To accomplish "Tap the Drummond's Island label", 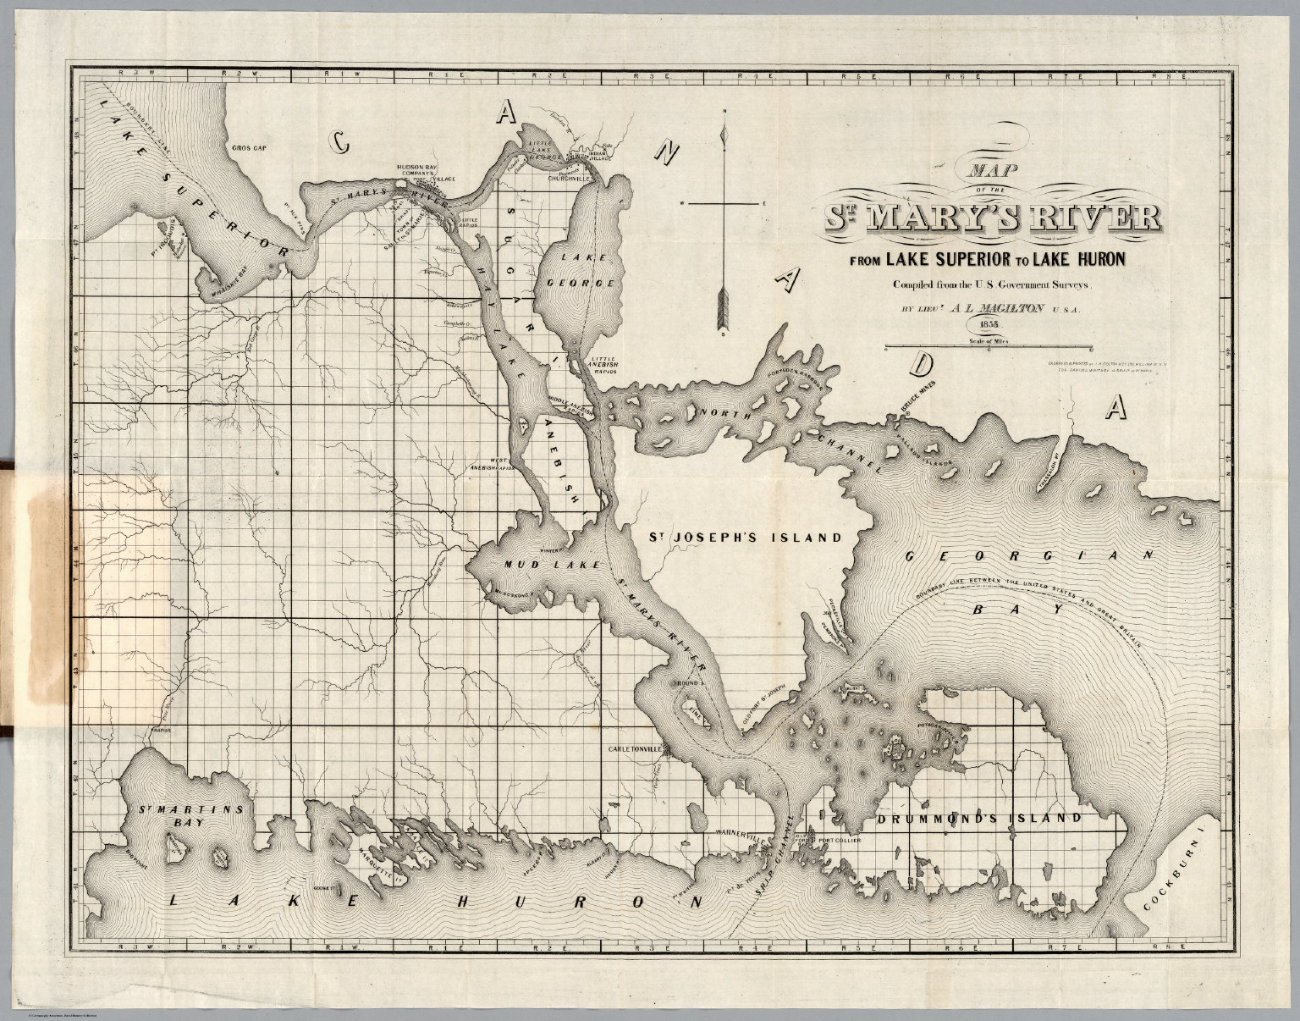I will tap(978, 819).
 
